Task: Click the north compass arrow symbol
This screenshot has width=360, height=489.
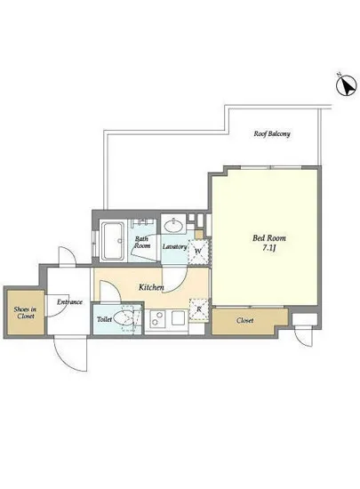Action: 346,84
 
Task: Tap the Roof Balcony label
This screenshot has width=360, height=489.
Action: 272,133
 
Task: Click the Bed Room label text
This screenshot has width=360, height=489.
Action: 269,238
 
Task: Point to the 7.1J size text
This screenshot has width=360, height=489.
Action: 269,249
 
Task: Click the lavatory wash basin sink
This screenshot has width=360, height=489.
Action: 173,226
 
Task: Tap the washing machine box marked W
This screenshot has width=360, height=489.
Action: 198,252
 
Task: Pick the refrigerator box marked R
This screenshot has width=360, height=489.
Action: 199,309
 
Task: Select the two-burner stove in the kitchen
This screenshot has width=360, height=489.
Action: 157,318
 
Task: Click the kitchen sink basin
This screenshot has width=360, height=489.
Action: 179,317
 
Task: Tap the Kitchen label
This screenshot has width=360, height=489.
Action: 151,287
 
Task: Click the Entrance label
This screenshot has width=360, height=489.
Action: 69,302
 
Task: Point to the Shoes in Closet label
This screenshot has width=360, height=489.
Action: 25,312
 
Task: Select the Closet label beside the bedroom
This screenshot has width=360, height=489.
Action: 244,320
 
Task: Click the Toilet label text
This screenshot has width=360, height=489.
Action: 104,319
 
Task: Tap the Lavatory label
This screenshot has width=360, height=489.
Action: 174,246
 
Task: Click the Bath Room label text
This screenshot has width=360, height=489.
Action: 142,243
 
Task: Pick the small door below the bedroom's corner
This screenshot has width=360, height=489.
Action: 303,336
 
